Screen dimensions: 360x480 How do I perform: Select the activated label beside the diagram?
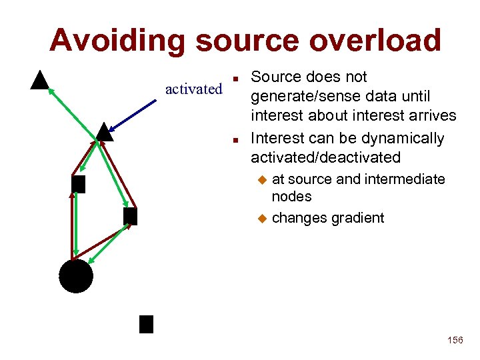coord(193,89)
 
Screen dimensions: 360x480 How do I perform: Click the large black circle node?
coord(76,275)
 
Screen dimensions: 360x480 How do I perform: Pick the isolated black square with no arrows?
coord(146,324)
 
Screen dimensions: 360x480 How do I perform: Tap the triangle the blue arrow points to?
coord(103,132)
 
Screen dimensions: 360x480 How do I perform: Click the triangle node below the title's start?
coord(41,80)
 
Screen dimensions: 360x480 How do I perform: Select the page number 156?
coord(455,340)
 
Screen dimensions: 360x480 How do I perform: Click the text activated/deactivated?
coord(325,158)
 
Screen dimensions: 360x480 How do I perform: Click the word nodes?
coord(291,197)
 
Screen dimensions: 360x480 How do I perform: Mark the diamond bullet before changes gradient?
coord(262,218)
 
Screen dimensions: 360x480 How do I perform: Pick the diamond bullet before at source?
coord(262,179)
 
